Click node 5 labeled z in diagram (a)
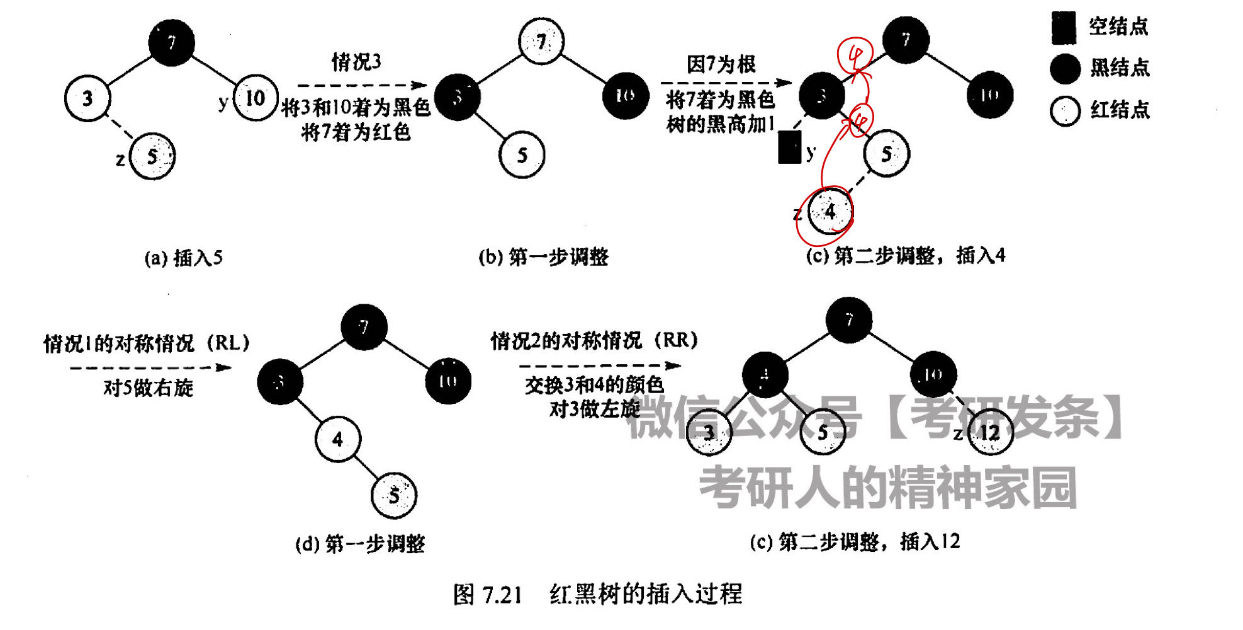(x=152, y=156)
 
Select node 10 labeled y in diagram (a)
(x=255, y=98)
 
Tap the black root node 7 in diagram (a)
(x=171, y=42)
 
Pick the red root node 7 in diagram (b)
(x=541, y=42)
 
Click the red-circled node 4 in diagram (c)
(x=830, y=211)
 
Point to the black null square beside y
(x=789, y=147)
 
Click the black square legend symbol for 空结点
(x=1063, y=28)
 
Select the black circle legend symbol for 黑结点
(x=1065, y=69)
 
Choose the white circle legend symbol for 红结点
(x=1065, y=111)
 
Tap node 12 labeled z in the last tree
(x=989, y=433)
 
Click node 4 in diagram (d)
(x=338, y=439)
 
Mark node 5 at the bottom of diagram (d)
(x=394, y=496)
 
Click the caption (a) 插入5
(x=183, y=258)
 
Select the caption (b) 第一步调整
(x=544, y=257)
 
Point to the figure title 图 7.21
(x=488, y=594)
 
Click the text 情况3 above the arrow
(x=356, y=62)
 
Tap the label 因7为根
(x=721, y=64)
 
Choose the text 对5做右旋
(x=148, y=387)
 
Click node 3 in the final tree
(x=709, y=432)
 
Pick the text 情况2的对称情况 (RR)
(x=595, y=341)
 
